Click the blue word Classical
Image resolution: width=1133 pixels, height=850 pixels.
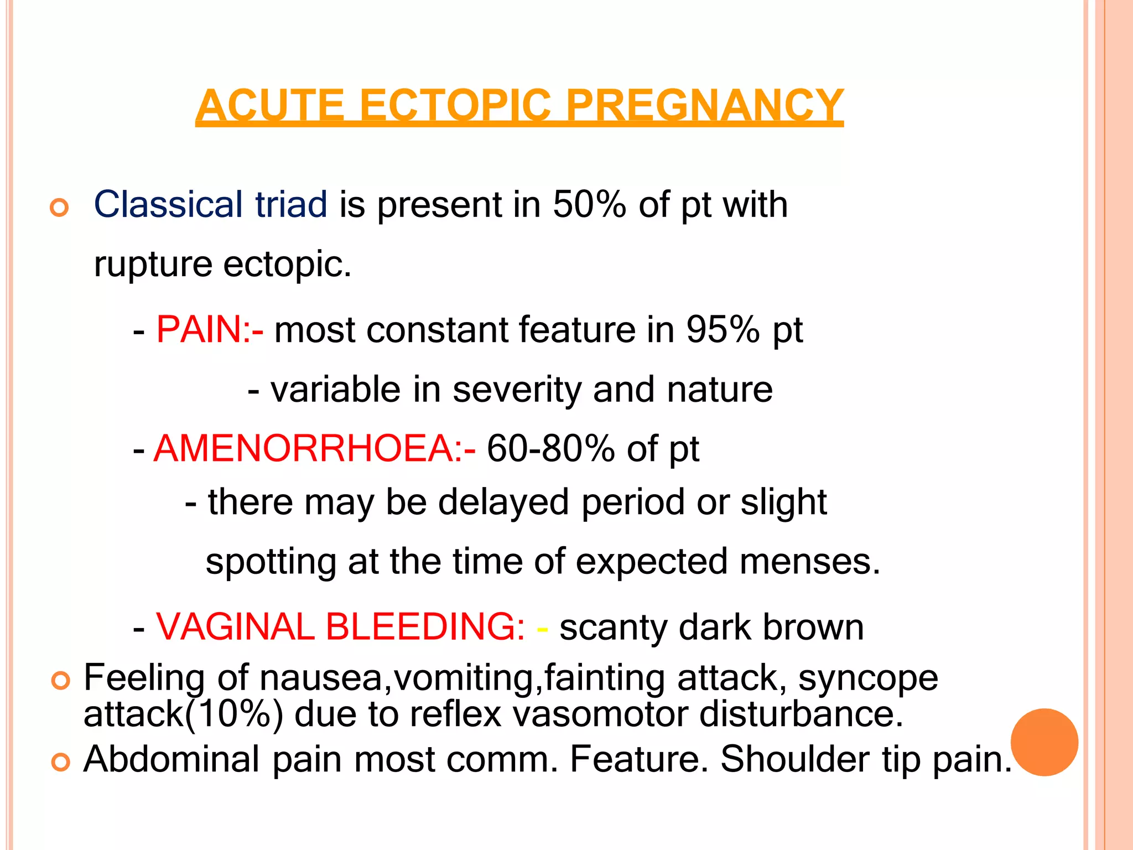pyautogui.click(x=168, y=204)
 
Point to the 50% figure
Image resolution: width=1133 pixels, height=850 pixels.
pyautogui.click(x=589, y=204)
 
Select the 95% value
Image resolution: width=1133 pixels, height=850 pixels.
pyautogui.click(x=723, y=330)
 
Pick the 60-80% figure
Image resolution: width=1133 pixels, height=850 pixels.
pyautogui.click(x=550, y=448)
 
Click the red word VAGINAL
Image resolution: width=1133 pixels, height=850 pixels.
pyautogui.click(x=235, y=627)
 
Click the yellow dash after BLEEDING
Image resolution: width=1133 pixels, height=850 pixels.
pyautogui.click(x=542, y=629)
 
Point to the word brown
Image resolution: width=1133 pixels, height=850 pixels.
pyautogui.click(x=813, y=627)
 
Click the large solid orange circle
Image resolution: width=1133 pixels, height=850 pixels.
pyautogui.click(x=1044, y=742)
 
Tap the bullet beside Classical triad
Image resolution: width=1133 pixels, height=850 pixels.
pyautogui.click(x=59, y=208)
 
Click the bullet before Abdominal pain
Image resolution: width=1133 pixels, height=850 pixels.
pyautogui.click(x=60, y=762)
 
